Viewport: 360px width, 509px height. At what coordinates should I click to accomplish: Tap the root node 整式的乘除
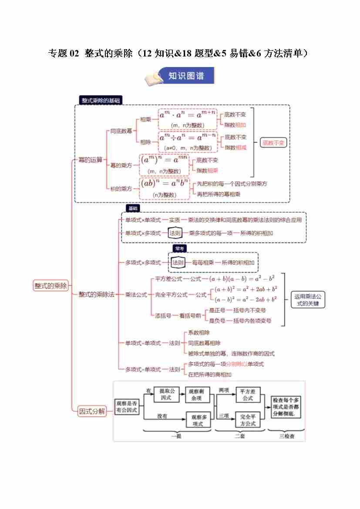coord(51,286)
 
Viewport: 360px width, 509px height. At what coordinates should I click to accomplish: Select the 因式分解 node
coord(92,411)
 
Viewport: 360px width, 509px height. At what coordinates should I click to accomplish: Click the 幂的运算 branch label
coord(91,160)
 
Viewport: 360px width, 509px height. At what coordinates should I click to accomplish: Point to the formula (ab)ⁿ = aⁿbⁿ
coord(165,183)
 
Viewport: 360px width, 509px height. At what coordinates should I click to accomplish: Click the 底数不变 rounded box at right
coord(274,142)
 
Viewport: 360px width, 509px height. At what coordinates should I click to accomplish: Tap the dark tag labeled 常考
coord(179,248)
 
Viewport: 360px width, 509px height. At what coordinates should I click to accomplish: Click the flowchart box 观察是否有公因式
coord(127,407)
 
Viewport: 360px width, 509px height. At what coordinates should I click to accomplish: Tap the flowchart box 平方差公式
coord(248,394)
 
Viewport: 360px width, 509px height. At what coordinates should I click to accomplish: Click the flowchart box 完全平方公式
coord(248,420)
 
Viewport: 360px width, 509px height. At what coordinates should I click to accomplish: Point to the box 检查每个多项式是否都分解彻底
coord(286,407)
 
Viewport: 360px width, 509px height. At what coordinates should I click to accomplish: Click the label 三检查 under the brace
coord(286,435)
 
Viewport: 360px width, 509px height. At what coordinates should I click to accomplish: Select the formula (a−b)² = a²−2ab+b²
coord(244,300)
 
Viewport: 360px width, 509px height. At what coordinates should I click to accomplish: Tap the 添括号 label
coord(163,316)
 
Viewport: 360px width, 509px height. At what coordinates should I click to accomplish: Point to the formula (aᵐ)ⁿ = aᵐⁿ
coord(164,160)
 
